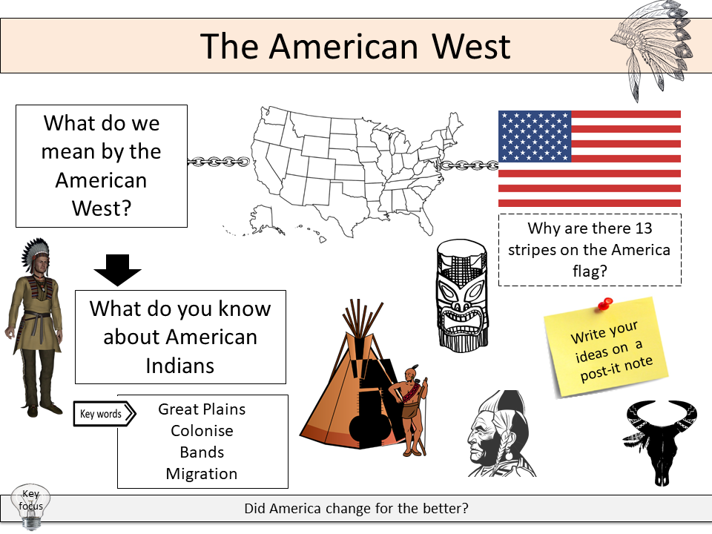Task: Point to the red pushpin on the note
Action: click(605, 304)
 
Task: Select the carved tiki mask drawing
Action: click(462, 294)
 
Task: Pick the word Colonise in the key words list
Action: click(202, 431)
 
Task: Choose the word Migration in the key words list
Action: click(202, 474)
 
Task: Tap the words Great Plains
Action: click(202, 409)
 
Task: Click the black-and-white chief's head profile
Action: click(498, 434)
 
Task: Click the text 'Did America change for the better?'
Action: click(356, 510)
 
